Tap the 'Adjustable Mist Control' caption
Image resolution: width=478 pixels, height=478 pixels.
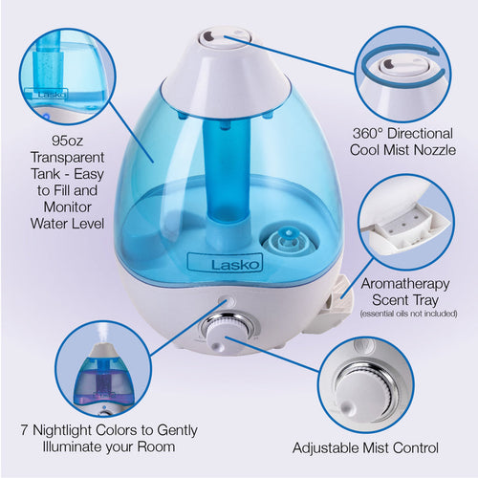[x=379, y=446]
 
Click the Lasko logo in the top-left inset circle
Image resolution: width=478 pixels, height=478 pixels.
[x=47, y=95]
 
